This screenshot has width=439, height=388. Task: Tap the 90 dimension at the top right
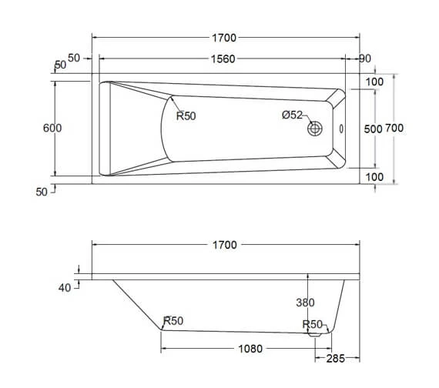(x=366, y=59)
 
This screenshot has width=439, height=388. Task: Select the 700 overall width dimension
(x=394, y=129)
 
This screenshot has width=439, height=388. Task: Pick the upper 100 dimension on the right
(x=375, y=82)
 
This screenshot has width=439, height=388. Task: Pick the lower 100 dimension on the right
(x=375, y=177)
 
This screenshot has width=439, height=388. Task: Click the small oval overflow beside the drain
(x=342, y=129)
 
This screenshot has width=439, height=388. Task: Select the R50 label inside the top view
(x=186, y=116)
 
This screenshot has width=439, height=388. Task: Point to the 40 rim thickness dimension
(x=65, y=287)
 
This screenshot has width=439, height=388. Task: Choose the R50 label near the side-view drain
(x=312, y=324)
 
